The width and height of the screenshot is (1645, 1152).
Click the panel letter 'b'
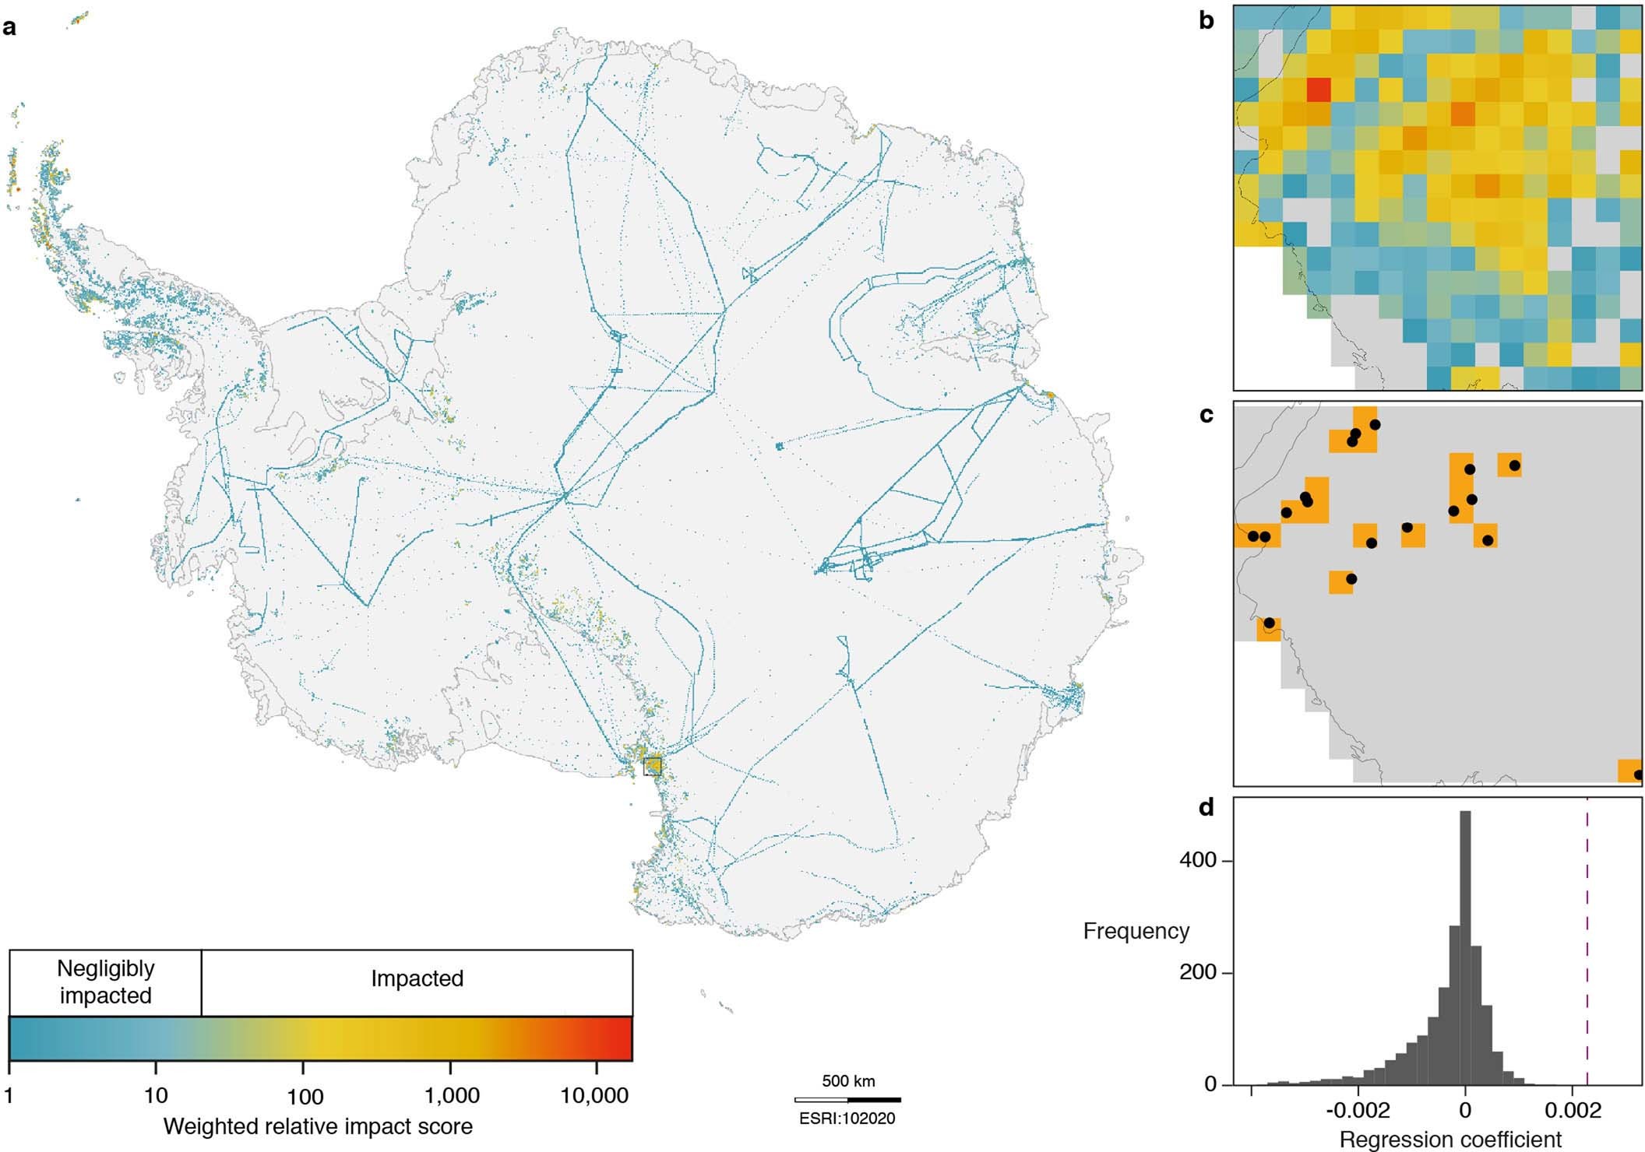1206,21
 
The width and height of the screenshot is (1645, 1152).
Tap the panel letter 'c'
1206,415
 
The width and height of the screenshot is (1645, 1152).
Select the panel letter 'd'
1206,808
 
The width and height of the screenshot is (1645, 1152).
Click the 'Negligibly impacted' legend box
105,982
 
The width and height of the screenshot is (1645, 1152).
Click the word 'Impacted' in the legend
417,978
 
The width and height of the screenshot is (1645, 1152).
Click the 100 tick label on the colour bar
305,1097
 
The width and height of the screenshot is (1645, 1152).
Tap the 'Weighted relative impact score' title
318,1126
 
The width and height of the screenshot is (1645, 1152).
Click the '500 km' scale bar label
848,1081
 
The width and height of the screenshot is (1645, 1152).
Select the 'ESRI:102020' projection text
847,1119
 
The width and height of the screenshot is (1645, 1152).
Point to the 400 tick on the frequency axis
1198,860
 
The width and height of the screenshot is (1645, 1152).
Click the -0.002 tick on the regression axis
1358,1109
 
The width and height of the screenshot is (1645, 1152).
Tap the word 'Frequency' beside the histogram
1136,931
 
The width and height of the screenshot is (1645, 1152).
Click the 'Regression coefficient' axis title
1450,1140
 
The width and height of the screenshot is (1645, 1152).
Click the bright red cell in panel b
1318,90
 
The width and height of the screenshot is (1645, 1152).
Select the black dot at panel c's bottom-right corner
1638,774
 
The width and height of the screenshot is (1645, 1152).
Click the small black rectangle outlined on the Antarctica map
653,766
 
